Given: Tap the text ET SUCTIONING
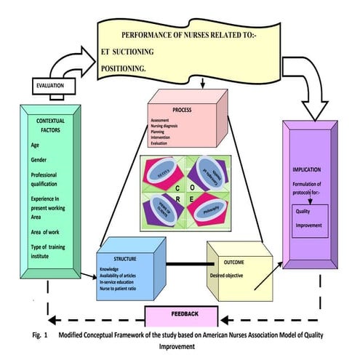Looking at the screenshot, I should coord(137,52).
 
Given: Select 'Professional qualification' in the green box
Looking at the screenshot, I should coord(49,180).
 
